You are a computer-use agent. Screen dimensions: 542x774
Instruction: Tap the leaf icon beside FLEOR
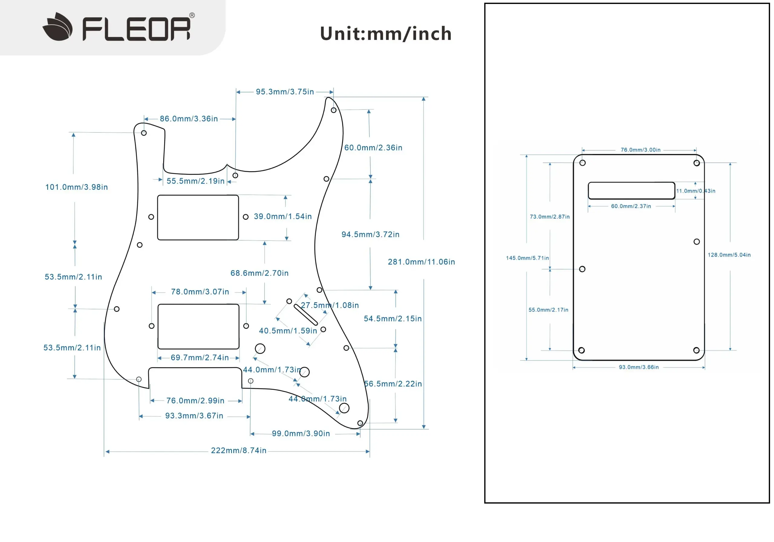[58, 27]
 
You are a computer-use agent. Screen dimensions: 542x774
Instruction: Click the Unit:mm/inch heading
[386, 34]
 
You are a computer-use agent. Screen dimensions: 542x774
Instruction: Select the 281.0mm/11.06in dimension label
[421, 262]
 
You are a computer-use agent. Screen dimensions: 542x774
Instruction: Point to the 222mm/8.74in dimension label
[239, 451]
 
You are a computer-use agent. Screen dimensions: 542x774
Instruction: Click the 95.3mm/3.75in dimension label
[285, 92]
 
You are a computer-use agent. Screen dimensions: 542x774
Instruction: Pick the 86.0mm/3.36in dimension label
[189, 119]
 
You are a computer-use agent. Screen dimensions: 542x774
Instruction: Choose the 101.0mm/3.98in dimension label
[76, 187]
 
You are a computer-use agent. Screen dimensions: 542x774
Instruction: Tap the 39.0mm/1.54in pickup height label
[283, 216]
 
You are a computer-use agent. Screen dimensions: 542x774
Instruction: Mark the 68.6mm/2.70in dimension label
[260, 273]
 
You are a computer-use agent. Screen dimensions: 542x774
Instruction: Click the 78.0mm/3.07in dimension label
[200, 292]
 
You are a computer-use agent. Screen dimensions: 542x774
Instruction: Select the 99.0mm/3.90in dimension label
[301, 433]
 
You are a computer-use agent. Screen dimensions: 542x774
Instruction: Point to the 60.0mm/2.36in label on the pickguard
[373, 147]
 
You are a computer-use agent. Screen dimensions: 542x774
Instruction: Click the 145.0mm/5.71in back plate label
[527, 258]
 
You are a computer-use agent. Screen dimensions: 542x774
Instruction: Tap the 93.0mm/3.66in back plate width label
[639, 367]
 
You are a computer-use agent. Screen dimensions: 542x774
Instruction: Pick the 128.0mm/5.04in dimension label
[729, 255]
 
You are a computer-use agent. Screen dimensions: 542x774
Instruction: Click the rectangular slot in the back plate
[631, 191]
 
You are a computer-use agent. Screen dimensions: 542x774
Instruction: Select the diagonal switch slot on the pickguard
[306, 314]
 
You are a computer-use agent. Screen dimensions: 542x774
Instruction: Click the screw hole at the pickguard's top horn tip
[333, 110]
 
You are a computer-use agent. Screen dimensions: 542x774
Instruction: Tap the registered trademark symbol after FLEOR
[192, 15]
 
